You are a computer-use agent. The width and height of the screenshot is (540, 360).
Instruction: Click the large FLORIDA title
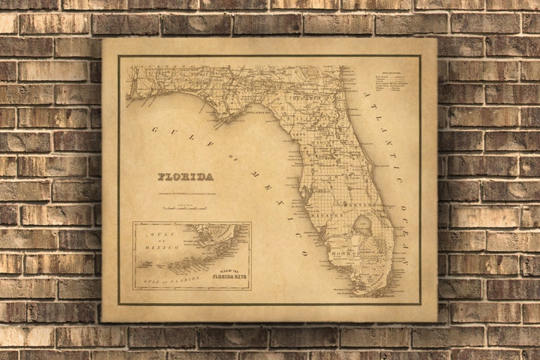point(186,177)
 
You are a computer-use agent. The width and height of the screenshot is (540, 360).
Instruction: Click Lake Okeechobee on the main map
point(360,227)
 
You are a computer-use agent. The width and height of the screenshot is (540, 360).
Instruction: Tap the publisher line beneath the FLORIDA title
point(185,190)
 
